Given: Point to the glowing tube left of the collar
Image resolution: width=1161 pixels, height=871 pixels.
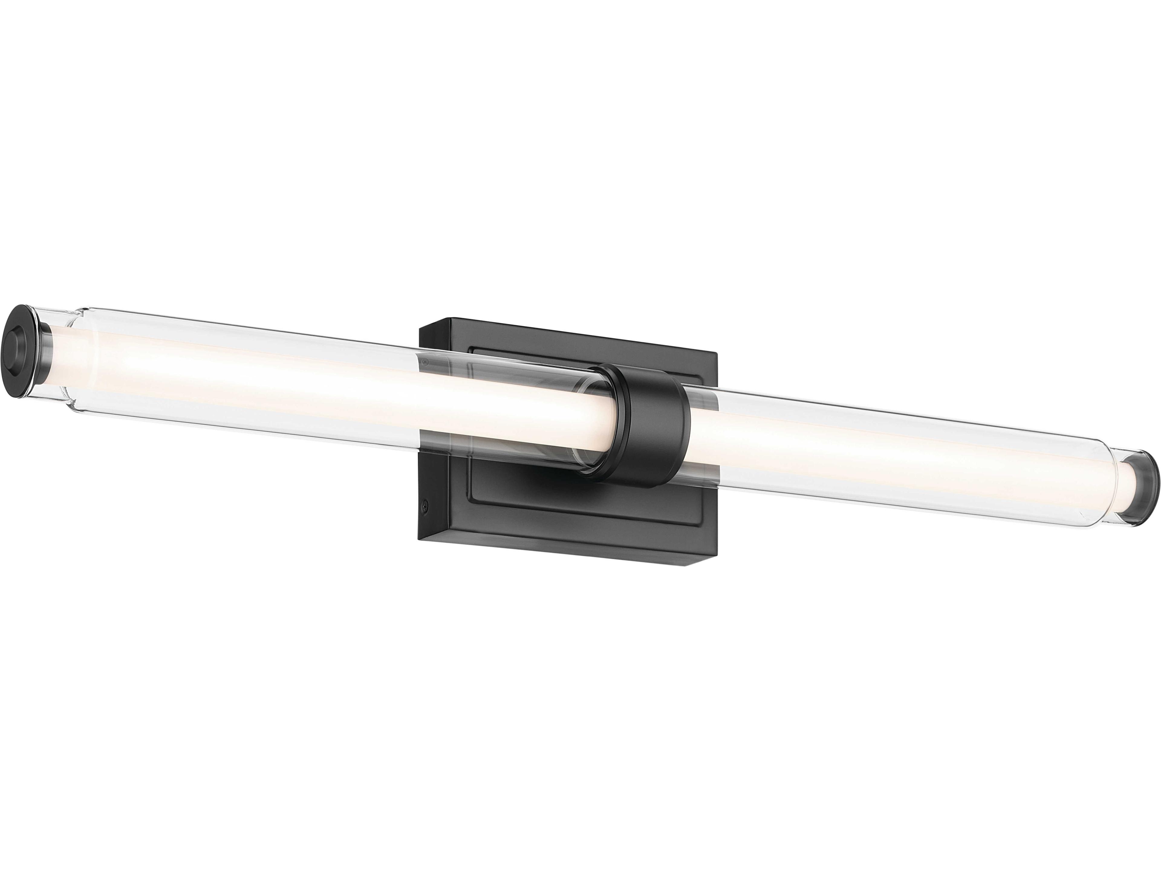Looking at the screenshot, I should click(315, 383).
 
